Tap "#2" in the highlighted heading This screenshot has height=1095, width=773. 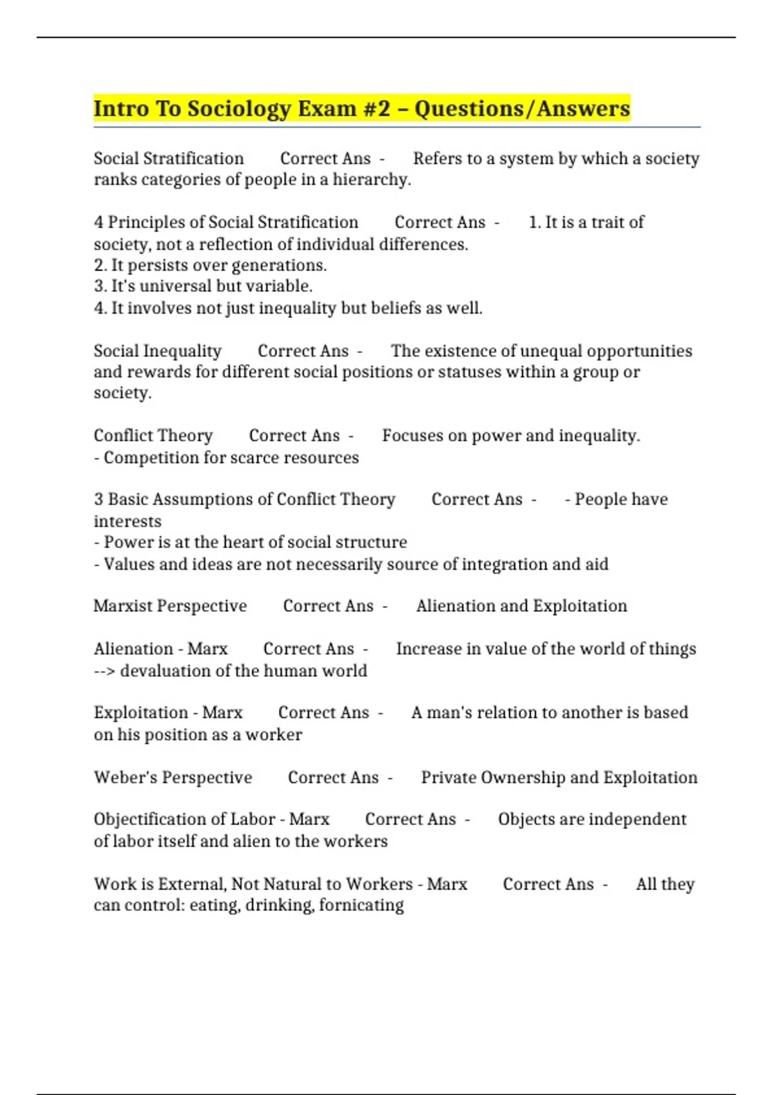pos(376,109)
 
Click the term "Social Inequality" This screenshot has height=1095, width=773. pos(157,351)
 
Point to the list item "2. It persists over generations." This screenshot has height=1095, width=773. pos(210,265)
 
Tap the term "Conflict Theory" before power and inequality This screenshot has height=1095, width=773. pos(153,436)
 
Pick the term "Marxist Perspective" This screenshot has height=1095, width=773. pos(170,606)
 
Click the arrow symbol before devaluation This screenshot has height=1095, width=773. pos(104,671)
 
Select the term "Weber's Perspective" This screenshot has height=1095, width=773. pos(173,777)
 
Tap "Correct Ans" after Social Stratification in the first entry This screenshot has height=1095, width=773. pos(325,159)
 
